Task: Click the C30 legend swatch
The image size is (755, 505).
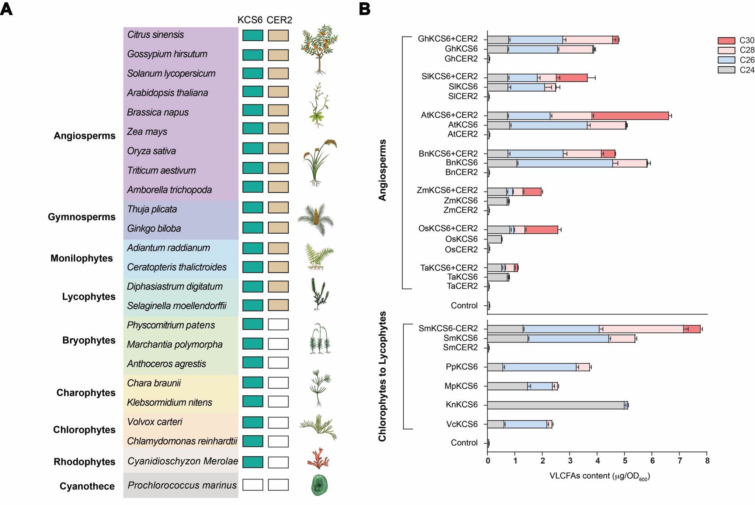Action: (726, 41)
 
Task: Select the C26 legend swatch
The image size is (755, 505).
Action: (726, 60)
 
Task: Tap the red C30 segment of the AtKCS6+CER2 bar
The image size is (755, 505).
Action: (630, 116)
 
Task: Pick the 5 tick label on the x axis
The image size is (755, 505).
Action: (625, 461)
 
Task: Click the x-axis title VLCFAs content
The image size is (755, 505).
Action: (599, 476)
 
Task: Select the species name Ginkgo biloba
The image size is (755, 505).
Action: (154, 229)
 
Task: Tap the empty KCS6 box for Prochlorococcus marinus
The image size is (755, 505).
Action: (253, 485)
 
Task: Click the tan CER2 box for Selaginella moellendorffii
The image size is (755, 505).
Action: (278, 305)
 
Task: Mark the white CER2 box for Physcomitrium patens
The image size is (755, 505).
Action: (278, 324)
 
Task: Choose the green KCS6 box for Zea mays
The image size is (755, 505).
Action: (253, 128)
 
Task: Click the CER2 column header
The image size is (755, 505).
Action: (279, 20)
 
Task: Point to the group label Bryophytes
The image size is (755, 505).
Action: (89, 340)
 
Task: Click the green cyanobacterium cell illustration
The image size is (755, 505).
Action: (319, 485)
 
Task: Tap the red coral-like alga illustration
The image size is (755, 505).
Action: (318, 459)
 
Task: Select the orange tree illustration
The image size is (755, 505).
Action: (319, 48)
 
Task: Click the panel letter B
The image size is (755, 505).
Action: (365, 9)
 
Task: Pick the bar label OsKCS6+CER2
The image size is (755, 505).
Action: (448, 229)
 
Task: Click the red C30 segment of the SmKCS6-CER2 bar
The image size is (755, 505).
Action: (692, 329)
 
